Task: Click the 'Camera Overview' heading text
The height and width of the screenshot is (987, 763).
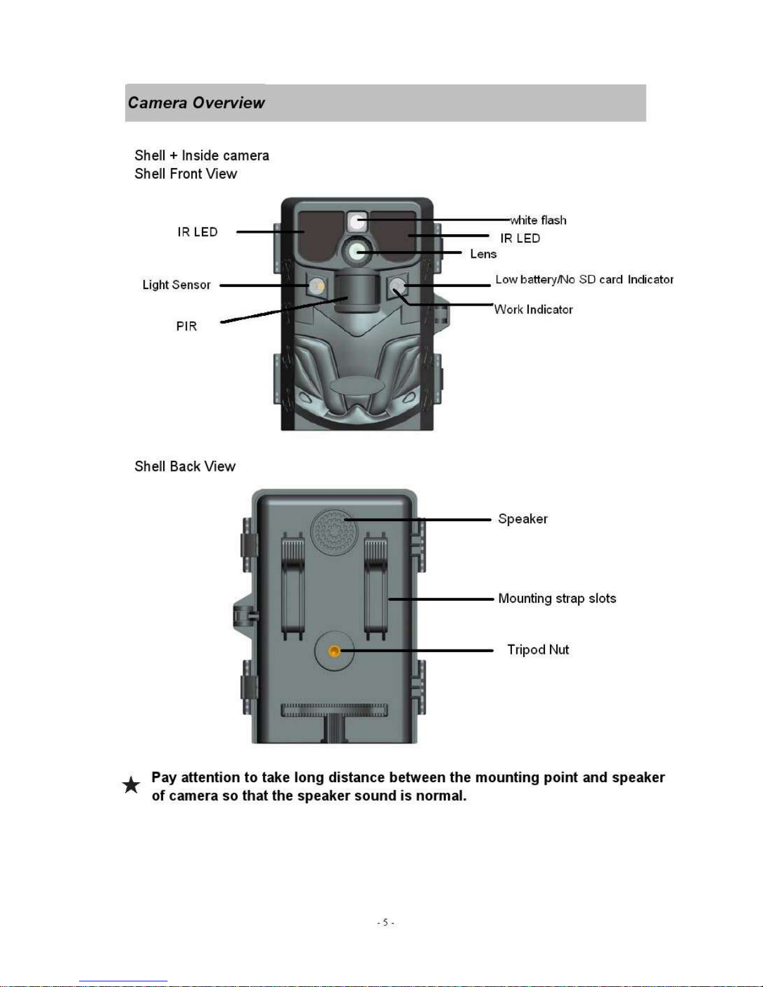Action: coord(196,103)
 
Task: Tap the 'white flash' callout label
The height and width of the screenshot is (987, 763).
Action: coord(539,220)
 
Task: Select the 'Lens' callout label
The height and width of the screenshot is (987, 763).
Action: coord(483,254)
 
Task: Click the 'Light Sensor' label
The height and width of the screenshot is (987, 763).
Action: coord(177,285)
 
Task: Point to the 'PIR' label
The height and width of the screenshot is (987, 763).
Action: coord(186,326)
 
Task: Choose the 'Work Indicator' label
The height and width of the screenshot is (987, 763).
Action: coord(534,309)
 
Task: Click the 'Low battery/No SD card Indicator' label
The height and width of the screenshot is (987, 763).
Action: coord(584,280)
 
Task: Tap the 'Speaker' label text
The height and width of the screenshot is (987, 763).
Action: coord(523,519)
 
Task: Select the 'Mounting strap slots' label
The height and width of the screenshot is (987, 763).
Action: coord(557,598)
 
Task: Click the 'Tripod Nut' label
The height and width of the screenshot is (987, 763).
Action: coord(538,649)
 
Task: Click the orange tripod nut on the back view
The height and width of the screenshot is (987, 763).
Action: coord(334,651)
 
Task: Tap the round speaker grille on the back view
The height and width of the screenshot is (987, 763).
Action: coord(334,531)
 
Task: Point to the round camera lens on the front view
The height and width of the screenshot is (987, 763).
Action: coord(357,251)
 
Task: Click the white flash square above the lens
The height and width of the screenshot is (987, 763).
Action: coord(357,222)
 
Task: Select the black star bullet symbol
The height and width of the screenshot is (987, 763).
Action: coord(131,785)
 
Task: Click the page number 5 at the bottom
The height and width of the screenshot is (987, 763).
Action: coord(385,922)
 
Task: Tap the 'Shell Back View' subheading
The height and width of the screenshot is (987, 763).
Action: coord(185,466)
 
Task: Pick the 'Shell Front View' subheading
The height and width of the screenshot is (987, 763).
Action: coord(186,174)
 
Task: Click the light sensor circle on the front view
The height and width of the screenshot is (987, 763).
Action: coord(316,286)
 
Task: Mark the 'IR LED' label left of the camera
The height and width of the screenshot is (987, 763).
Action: coord(197,232)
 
